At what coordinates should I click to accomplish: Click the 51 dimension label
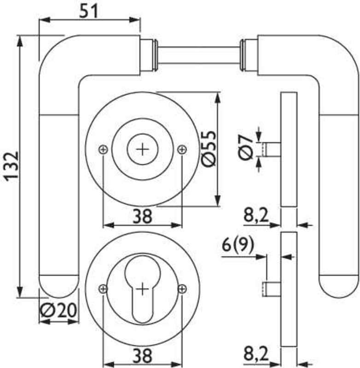coord(88,11)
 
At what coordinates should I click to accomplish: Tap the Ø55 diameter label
coord(208,149)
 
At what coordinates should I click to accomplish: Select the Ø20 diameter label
coord(58,310)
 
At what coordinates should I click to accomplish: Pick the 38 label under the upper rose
coord(142,216)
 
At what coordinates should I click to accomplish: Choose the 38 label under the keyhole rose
coord(142,356)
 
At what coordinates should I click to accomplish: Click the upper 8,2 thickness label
coord(256,216)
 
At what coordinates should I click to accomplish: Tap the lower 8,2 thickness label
coord(256,354)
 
